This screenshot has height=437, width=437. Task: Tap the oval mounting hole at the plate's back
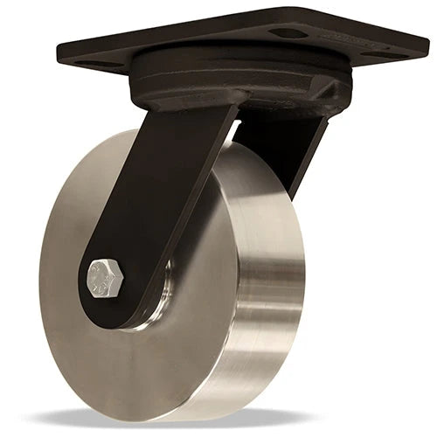[288, 32]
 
